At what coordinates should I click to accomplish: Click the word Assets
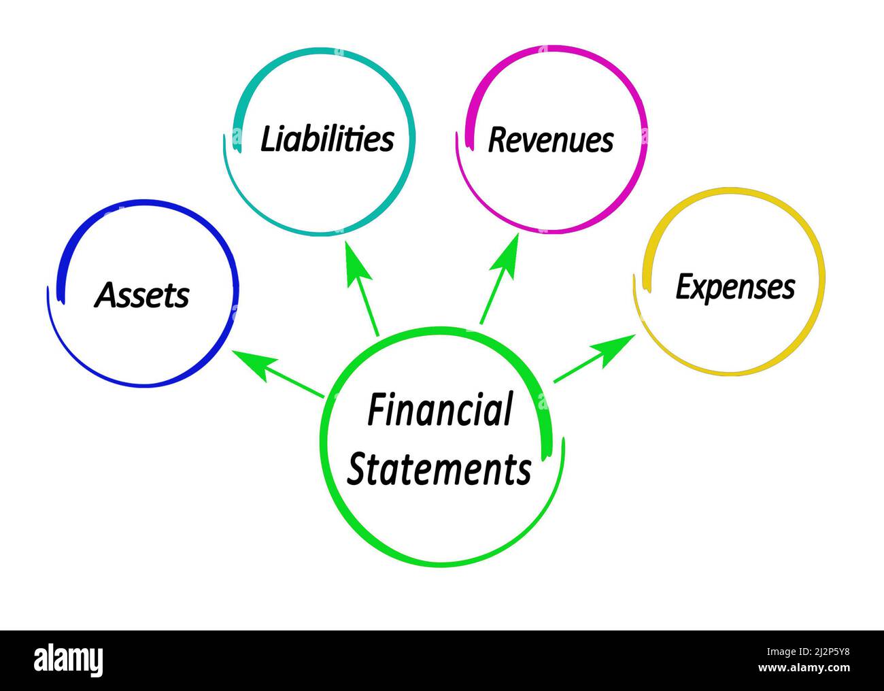pyautogui.click(x=141, y=295)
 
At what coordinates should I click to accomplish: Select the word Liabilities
pyautogui.click(x=327, y=139)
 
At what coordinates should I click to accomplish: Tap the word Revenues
pyautogui.click(x=550, y=139)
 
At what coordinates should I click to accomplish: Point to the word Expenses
pyautogui.click(x=734, y=286)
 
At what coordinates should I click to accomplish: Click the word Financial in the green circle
pyautogui.click(x=439, y=410)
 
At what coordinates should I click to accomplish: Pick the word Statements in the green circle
pyautogui.click(x=439, y=469)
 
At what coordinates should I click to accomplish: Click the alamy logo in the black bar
pyautogui.click(x=68, y=660)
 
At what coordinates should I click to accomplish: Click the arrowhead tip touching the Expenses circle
pyautogui.click(x=634, y=335)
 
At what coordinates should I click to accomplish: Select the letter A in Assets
pyautogui.click(x=105, y=295)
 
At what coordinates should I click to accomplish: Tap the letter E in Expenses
pyautogui.click(x=683, y=286)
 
